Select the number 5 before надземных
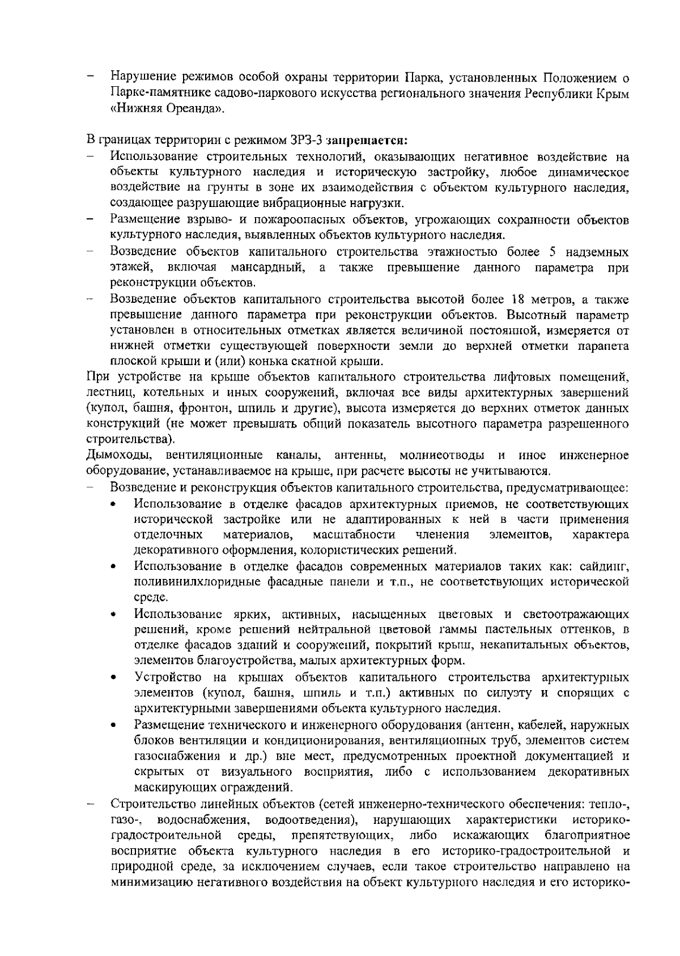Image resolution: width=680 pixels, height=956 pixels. pos(552,252)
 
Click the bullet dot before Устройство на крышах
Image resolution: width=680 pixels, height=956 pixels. pos(114,678)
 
